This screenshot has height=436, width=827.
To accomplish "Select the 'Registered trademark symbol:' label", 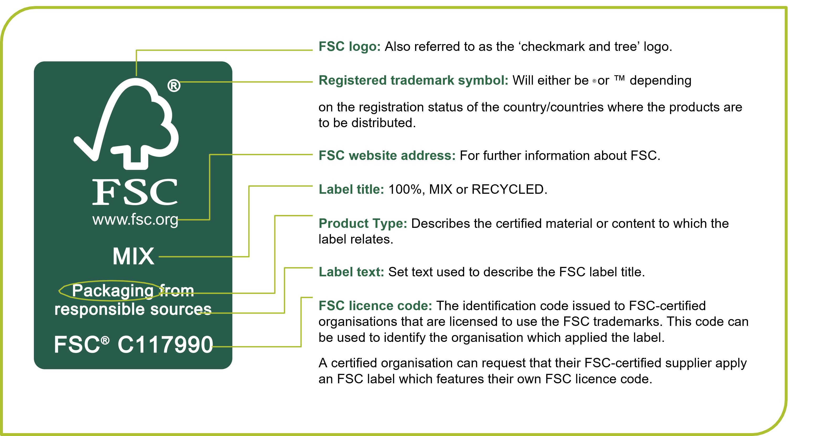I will pyautogui.click(x=413, y=80).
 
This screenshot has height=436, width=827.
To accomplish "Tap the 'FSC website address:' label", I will pyautogui.click(x=387, y=156).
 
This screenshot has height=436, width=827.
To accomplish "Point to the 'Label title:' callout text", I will pyautogui.click(x=351, y=190).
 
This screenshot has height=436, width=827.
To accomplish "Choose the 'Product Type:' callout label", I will pyautogui.click(x=363, y=223).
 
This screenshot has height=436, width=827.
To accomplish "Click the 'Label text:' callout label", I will pyautogui.click(x=351, y=272).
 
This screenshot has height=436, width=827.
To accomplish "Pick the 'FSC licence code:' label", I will pyautogui.click(x=375, y=306).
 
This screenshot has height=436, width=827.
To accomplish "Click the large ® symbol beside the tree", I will pyautogui.click(x=174, y=86).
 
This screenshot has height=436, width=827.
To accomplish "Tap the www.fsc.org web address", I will pyautogui.click(x=135, y=220).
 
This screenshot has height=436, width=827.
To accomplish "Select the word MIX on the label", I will pyautogui.click(x=133, y=256).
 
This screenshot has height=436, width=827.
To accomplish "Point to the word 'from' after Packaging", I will pyautogui.click(x=177, y=291).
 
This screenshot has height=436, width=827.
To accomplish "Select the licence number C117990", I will pyautogui.click(x=165, y=345).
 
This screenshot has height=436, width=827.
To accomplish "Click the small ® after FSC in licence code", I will pyautogui.click(x=105, y=340).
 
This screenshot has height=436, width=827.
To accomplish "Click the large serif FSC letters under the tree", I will pyautogui.click(x=135, y=192).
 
